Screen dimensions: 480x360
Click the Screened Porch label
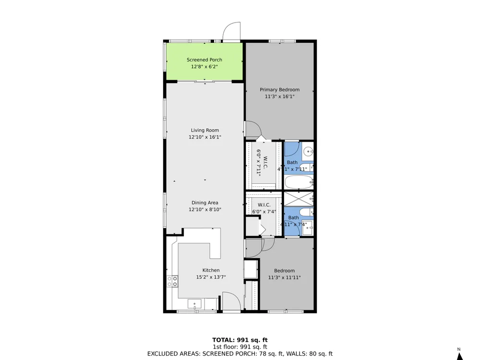click(x=204, y=60)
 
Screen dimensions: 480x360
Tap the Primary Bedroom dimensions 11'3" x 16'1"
click(x=279, y=96)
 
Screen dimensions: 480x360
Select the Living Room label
click(x=205, y=131)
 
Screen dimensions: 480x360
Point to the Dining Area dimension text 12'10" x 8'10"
click(x=205, y=210)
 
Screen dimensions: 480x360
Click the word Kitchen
click(x=211, y=270)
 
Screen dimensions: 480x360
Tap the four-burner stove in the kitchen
click(x=172, y=281)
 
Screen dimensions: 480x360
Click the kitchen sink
click(x=194, y=304)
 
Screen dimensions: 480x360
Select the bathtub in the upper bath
click(x=299, y=182)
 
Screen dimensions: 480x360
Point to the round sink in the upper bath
click(x=308, y=151)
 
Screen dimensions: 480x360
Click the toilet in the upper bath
click(x=306, y=168)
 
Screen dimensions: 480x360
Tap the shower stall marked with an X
click(x=299, y=199)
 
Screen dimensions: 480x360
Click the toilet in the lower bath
click(x=306, y=212)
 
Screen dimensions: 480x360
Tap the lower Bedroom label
click(x=284, y=271)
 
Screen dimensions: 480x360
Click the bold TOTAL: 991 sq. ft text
click(x=240, y=340)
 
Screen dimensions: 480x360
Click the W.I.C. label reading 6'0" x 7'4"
click(x=264, y=208)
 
